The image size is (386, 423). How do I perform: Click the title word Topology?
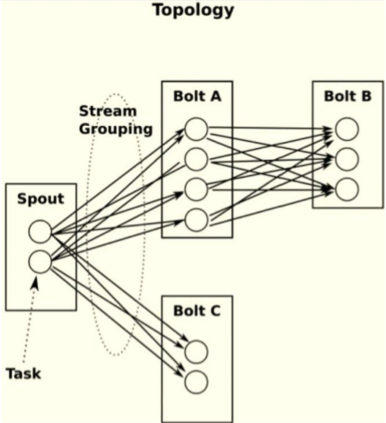tap(193, 11)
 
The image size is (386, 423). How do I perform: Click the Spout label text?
tap(39, 198)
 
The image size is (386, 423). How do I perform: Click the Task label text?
tap(23, 372)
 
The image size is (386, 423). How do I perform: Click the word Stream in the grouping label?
tap(105, 112)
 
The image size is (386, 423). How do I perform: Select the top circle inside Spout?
tap(39, 233)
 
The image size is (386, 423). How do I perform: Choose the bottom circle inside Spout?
tap(39, 262)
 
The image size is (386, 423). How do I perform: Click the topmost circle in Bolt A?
tap(196, 131)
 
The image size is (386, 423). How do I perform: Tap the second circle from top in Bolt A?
tap(196, 160)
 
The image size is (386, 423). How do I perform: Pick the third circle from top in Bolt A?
tap(196, 189)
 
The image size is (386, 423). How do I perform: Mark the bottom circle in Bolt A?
tap(196, 218)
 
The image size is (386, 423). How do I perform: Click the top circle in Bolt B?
tap(347, 130)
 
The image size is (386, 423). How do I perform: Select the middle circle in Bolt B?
tap(347, 160)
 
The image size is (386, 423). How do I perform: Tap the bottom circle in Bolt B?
tap(347, 189)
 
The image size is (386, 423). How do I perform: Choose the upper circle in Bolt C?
tap(196, 350)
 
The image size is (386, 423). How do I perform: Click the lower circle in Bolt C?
tap(196, 380)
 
